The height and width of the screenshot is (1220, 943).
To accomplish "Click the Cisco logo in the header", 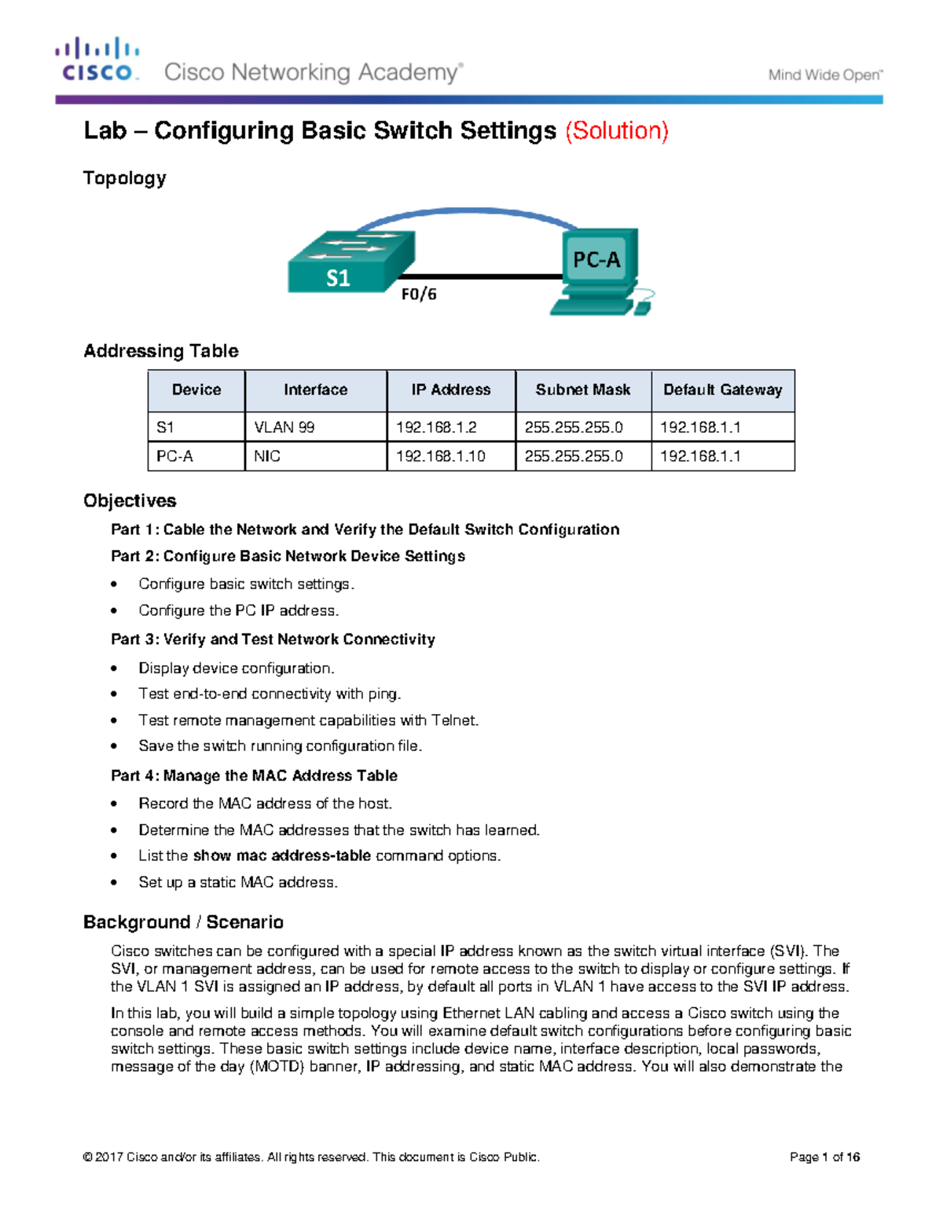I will tap(97, 60).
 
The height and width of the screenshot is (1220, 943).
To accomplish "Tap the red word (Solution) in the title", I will tap(617, 130).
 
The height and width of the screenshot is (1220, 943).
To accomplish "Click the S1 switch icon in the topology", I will tap(350, 262).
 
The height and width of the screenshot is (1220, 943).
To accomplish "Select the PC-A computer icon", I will tap(599, 270).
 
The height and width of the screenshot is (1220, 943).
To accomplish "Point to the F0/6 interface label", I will tap(419, 295).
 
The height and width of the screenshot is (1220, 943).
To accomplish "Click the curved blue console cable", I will tap(464, 211).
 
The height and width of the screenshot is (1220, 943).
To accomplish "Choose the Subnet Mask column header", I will tap(582, 390).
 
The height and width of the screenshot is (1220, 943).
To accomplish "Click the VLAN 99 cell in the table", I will tap(284, 427).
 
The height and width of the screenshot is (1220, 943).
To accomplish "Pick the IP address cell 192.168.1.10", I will tap(440, 456).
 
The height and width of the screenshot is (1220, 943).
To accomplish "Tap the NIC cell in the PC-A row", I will tap(267, 456).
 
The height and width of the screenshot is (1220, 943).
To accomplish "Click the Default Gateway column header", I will tap(722, 390).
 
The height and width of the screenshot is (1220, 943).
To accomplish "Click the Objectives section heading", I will tap(130, 500).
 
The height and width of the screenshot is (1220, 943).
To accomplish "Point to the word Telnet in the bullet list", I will tap(453, 720).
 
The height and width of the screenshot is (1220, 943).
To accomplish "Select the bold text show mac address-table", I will tap(281, 855).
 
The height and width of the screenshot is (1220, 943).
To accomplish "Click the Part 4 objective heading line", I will tap(254, 775).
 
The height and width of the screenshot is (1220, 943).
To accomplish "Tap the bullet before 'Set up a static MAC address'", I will tap(115, 883).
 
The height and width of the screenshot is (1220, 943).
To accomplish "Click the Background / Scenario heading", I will tap(183, 921).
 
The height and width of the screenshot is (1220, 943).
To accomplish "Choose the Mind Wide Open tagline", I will tap(824, 75).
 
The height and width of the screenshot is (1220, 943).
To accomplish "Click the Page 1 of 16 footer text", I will tap(824, 1157).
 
